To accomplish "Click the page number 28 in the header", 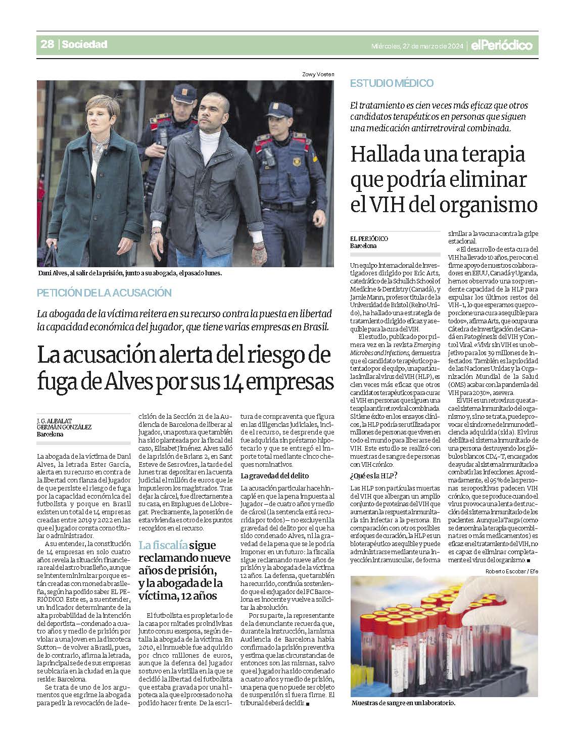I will pyautogui.click(x=47, y=44).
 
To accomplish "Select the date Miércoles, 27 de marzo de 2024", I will pyautogui.click(x=417, y=46).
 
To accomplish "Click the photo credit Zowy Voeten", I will pyautogui.click(x=318, y=75).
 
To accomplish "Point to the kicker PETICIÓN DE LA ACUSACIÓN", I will pyautogui.click(x=104, y=292).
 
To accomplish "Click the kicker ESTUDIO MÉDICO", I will pyautogui.click(x=392, y=83).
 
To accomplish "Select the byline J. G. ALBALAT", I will pyautogui.click(x=54, y=420).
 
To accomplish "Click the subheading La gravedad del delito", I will pyautogui.click(x=274, y=476).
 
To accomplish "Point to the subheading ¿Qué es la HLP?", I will pyautogui.click(x=373, y=476).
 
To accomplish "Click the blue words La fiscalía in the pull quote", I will pyautogui.click(x=163, y=545).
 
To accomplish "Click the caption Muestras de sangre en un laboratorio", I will pyautogui.click(x=403, y=703).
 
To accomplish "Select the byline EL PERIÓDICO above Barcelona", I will pyautogui.click(x=369, y=238).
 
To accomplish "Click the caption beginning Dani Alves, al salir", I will pyautogui.click(x=130, y=273).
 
